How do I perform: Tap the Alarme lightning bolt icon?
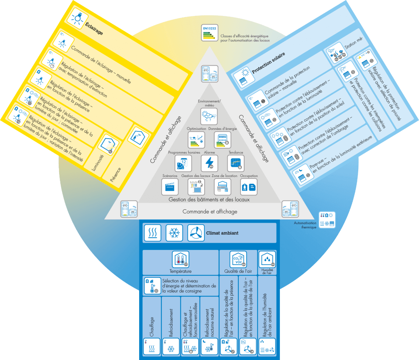pyautogui.click(x=209, y=163)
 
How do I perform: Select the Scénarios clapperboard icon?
pyautogui.click(x=170, y=187)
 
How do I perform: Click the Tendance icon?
pyautogui.click(x=235, y=163)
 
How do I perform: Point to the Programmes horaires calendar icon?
pyautogui.click(x=183, y=163)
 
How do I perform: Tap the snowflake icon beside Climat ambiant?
pyautogui.click(x=174, y=233)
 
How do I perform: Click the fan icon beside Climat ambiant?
pyautogui.click(x=196, y=233)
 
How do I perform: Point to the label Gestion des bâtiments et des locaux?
pyautogui.click(x=209, y=200)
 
